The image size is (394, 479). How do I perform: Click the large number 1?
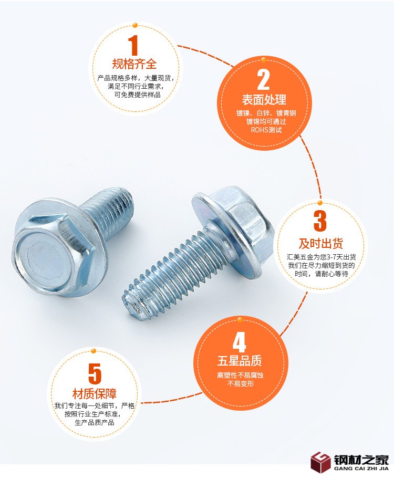point(133,45)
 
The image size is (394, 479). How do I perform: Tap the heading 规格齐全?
point(134,64)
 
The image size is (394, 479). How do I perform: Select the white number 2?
point(264,80)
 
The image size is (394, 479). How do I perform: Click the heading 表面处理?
point(264,100)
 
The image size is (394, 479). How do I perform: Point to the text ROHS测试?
point(266,130)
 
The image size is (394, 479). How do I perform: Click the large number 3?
point(320,221)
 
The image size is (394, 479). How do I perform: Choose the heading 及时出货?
point(320,244)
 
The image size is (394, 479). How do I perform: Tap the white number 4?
point(240,342)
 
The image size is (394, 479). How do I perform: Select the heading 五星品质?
point(240,361)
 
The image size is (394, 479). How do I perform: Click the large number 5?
point(95,373)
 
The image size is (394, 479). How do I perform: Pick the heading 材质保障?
point(95,394)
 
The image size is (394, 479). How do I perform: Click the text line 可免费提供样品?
point(137,95)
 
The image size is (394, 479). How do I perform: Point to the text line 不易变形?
point(240,383)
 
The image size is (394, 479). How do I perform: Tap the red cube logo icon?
point(320,462)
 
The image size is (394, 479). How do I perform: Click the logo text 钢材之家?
point(361,460)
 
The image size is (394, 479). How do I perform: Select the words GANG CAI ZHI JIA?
point(361,468)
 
